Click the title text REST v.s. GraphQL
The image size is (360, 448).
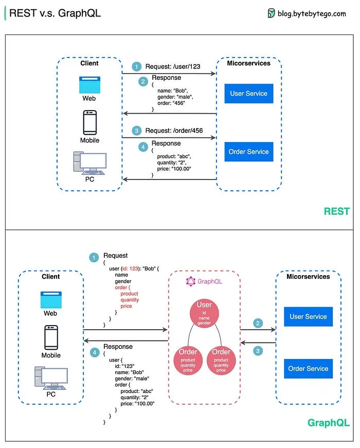(55, 13)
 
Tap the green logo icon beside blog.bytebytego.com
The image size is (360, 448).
(271, 13)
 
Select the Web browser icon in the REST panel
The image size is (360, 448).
(89, 84)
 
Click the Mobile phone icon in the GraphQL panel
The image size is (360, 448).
(51, 337)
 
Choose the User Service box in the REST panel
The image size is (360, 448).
(249, 94)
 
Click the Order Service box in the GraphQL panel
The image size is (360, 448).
(308, 369)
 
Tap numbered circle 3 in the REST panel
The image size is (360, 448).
(136, 131)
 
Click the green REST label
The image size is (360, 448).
(336, 211)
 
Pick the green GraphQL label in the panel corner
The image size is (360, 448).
(328, 423)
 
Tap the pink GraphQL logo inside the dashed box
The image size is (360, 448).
(190, 281)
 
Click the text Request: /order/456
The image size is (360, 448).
(174, 131)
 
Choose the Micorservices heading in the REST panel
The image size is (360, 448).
(249, 63)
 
